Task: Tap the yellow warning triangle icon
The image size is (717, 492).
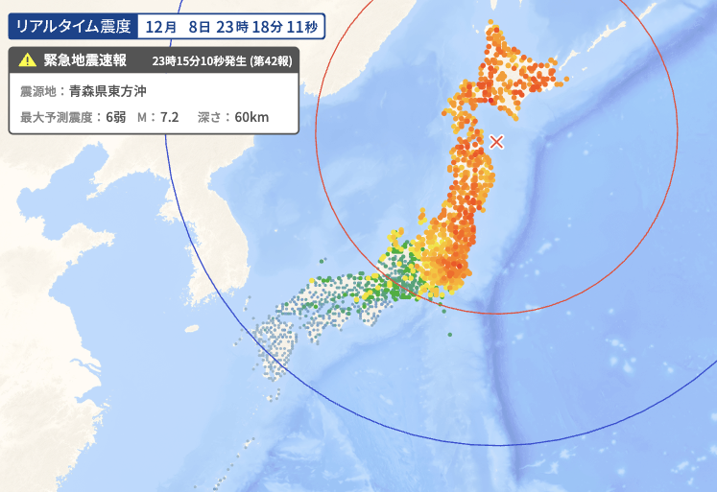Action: [x=26, y=60]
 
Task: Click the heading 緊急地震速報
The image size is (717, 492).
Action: [x=85, y=60]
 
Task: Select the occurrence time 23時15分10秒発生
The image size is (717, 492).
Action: [x=199, y=61]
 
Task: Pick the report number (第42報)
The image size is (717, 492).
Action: [x=272, y=61]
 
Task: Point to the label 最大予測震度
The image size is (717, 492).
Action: [x=56, y=117]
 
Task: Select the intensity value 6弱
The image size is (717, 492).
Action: [x=116, y=117]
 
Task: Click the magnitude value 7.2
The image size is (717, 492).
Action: [x=170, y=117]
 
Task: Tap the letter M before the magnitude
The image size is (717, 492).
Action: [x=142, y=117]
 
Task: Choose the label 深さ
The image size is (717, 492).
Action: [x=209, y=117]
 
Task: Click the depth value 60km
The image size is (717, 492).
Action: [x=251, y=117]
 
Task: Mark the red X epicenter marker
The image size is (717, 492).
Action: [x=496, y=142]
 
